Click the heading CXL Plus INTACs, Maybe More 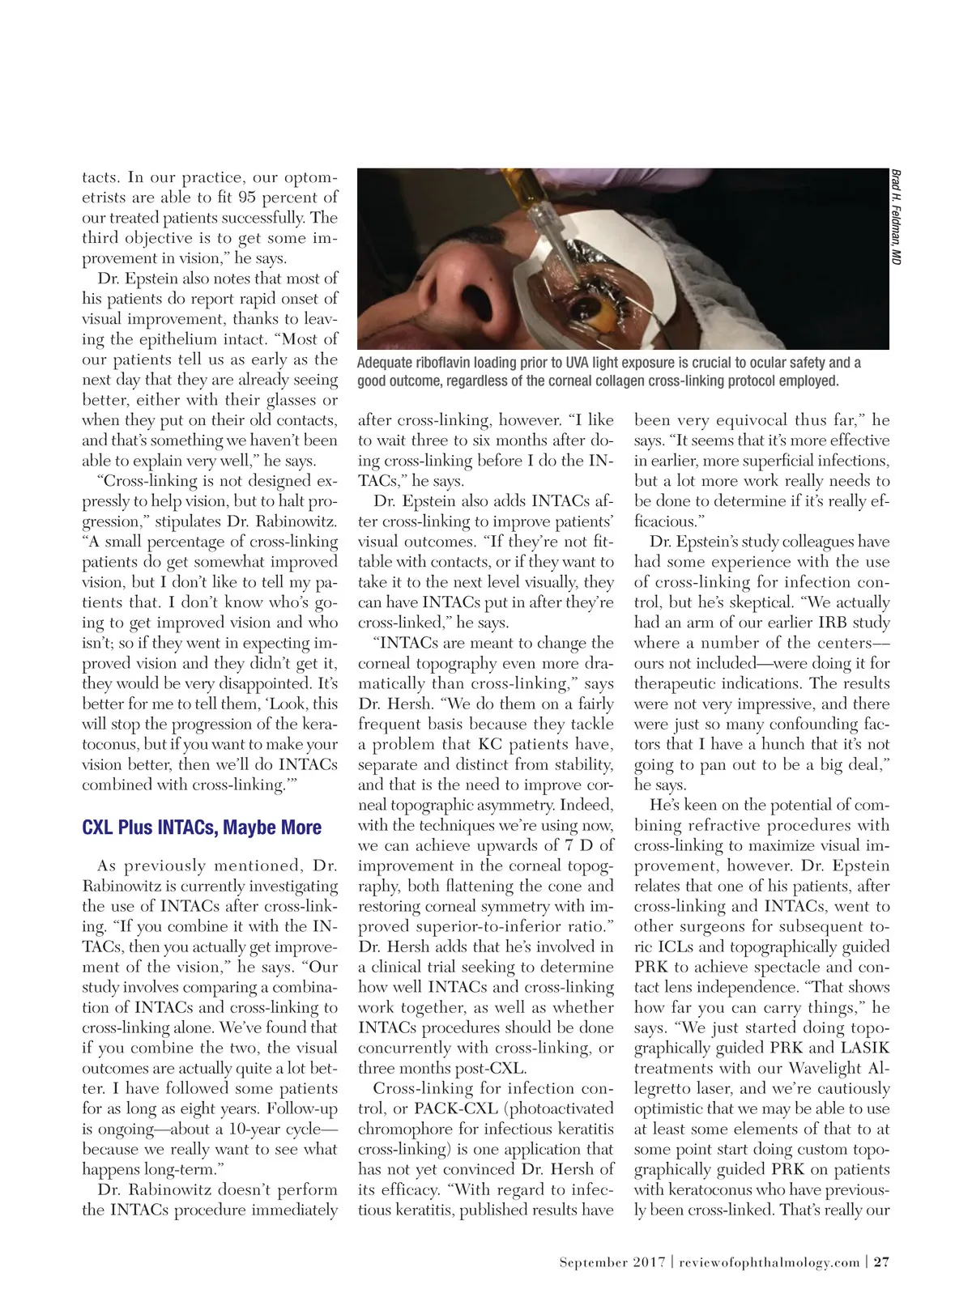click(202, 827)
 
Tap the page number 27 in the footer click(881, 1261)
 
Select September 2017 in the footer click(612, 1261)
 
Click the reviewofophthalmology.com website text click(769, 1261)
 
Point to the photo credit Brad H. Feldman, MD click(896, 216)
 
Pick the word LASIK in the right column click(865, 1048)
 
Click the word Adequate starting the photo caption click(386, 363)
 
